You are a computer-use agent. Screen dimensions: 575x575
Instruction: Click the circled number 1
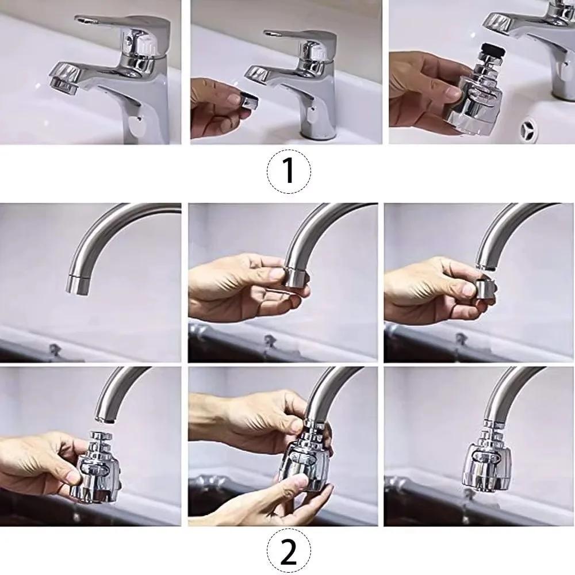coord(289,171)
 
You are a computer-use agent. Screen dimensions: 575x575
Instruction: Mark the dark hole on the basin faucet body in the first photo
coord(136,122)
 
